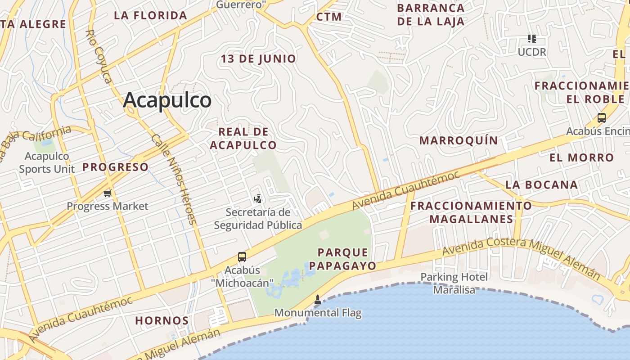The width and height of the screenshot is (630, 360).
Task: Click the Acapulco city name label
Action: pos(167,100)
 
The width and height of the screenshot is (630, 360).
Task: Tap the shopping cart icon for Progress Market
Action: pos(107,193)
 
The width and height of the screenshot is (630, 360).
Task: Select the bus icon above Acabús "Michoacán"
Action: pos(242,257)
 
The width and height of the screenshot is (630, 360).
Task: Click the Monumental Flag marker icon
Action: pos(318,300)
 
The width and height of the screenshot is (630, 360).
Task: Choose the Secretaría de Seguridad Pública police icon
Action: pos(258,198)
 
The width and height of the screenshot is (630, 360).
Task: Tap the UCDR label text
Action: pos(532,52)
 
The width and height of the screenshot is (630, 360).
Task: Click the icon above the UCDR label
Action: pos(532,39)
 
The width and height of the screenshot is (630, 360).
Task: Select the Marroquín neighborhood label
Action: pos(459,140)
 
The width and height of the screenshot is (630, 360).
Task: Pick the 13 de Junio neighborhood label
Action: pos(258,58)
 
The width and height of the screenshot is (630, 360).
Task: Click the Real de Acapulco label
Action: pos(243,138)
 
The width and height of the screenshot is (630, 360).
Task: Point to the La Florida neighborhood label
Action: pos(150,15)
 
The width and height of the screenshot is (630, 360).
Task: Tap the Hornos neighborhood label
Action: pos(162,321)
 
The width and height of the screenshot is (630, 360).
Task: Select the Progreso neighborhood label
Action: pos(115,167)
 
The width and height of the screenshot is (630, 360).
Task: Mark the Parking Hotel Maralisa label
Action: pos(454,283)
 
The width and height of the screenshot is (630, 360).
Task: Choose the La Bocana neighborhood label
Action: pos(541,184)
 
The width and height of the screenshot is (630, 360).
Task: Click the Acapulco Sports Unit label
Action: pos(47,162)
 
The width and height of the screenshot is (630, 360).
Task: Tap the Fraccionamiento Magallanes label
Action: pos(471,212)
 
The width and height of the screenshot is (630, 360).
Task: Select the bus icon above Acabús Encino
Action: pos(602,118)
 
